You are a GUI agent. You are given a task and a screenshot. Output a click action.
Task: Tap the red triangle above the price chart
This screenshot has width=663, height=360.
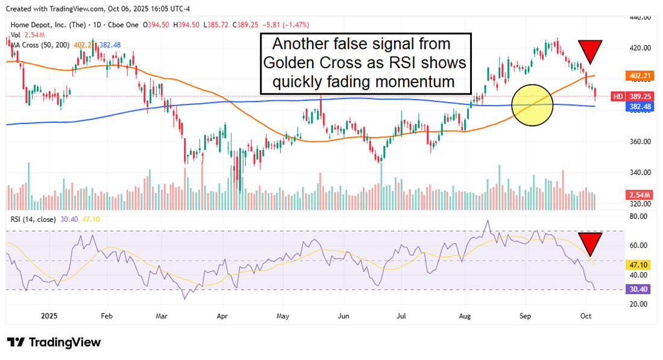(590, 50)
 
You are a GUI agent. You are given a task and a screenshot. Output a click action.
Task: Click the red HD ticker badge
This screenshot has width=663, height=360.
(617, 96)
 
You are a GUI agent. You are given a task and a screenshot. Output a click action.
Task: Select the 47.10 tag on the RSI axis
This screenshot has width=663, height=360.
(639, 264)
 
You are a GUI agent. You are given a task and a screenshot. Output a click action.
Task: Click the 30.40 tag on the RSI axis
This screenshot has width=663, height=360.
(639, 289)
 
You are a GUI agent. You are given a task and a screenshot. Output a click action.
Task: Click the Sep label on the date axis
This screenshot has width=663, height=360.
(526, 315)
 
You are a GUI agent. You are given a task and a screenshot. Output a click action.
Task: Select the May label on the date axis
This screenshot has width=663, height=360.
(283, 315)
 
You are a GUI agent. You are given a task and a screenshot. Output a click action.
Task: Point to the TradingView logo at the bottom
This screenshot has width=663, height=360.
(54, 343)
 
